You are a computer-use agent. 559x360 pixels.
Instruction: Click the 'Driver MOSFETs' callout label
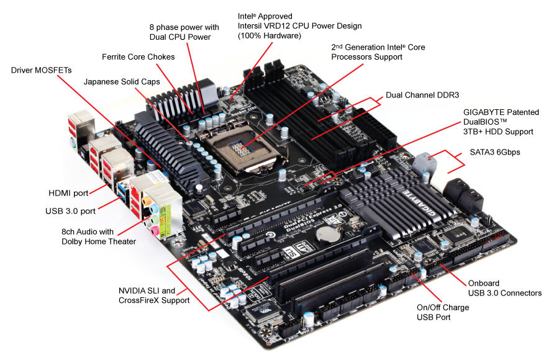[x=41, y=70]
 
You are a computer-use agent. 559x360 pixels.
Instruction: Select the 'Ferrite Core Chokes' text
[x=138, y=57]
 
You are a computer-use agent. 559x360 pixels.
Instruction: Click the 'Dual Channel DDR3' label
[x=422, y=95]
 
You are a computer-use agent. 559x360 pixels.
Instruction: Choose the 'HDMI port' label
[x=69, y=194]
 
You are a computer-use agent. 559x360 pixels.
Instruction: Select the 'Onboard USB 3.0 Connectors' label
[x=504, y=288]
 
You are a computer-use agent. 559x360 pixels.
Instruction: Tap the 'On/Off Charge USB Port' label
[x=442, y=312]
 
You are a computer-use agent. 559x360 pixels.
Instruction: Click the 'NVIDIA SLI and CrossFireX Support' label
[x=154, y=295]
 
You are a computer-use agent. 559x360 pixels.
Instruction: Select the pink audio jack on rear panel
[x=151, y=230]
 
